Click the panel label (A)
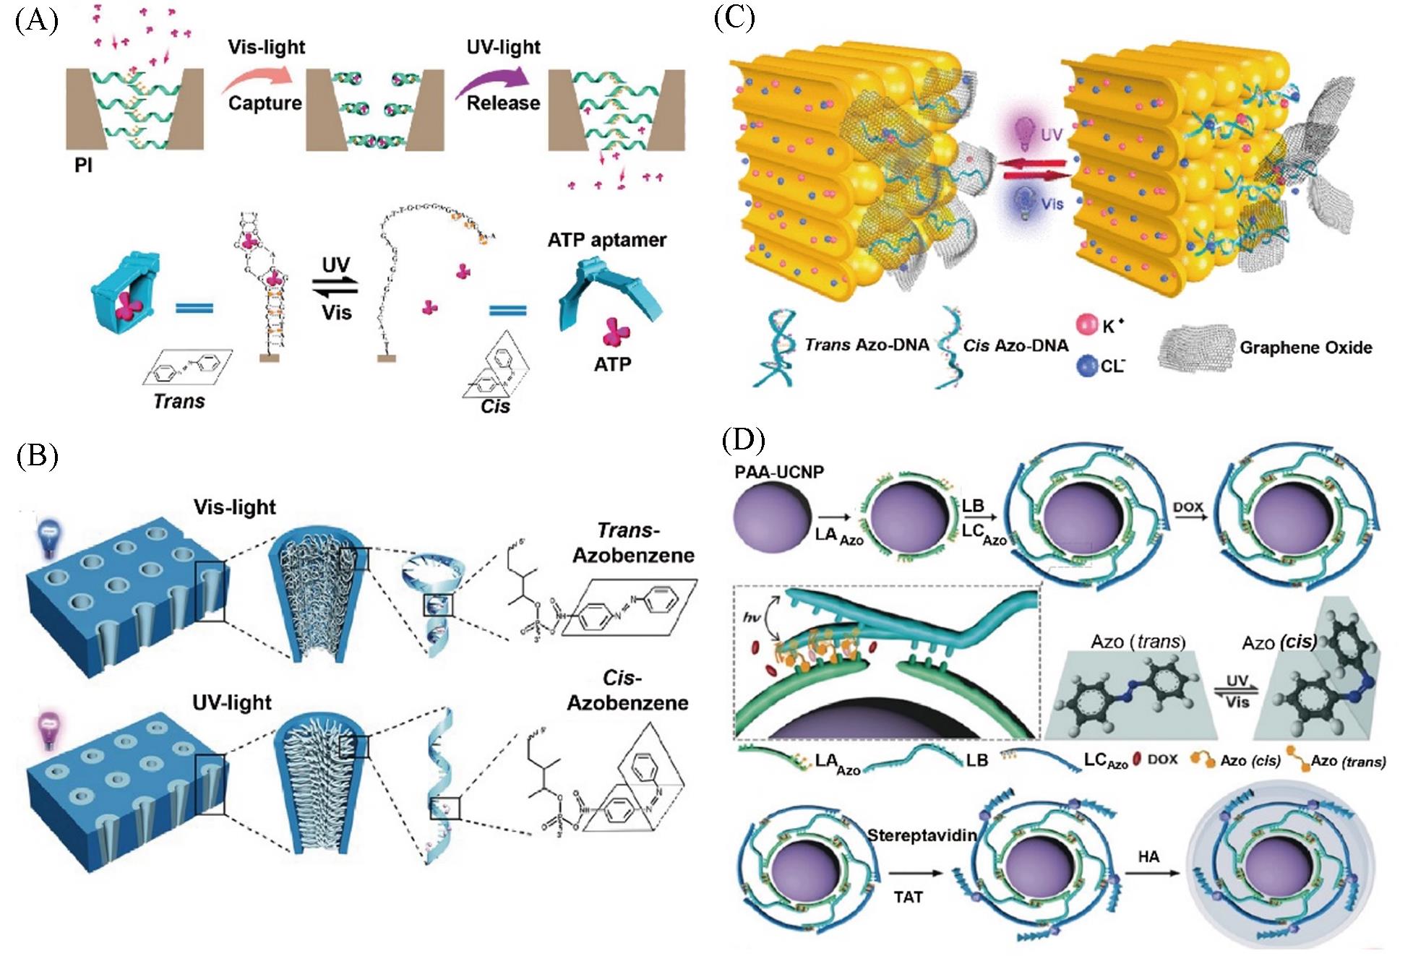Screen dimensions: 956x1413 [36, 22]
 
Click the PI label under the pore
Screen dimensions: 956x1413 [83, 165]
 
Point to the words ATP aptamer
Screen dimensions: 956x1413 [606, 240]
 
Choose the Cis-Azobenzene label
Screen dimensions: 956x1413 [627, 690]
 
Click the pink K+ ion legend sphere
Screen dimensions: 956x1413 [1086, 324]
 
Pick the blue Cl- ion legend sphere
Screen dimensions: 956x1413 [1086, 366]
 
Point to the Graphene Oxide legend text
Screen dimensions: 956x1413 [1305, 348]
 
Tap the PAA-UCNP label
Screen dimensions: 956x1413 [779, 472]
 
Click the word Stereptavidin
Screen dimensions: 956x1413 [922, 835]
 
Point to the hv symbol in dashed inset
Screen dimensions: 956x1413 [752, 617]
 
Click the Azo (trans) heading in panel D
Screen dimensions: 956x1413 [1138, 642]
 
